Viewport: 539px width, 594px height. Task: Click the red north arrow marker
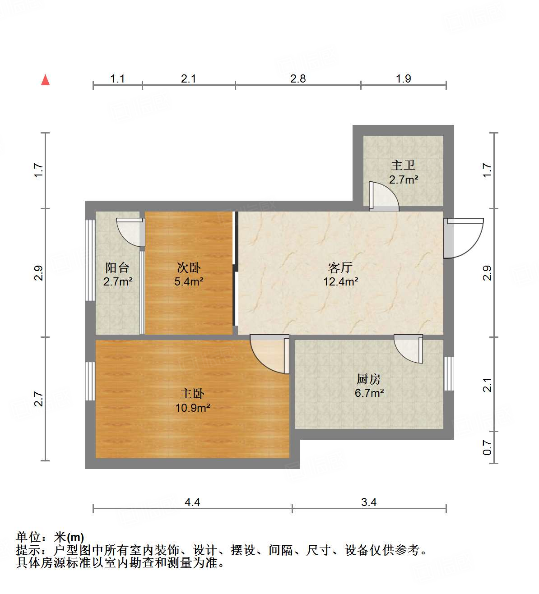[x=45, y=80]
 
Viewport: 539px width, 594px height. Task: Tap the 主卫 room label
[x=403, y=165]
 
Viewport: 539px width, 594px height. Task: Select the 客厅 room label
[x=340, y=267]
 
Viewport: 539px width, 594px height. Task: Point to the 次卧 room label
[x=188, y=267]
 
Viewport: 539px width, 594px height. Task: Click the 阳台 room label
[x=117, y=267]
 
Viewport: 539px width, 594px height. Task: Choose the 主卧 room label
[x=192, y=393]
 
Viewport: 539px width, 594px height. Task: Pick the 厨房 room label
[x=369, y=379]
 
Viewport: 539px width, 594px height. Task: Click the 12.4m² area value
[x=340, y=282]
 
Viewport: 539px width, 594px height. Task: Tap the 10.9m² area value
[x=193, y=408]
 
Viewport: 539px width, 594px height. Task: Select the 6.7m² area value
[x=369, y=393]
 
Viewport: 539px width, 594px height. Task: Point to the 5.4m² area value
[x=189, y=282]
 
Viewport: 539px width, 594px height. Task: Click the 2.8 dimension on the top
[x=298, y=78]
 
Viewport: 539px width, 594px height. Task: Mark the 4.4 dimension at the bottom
[x=192, y=502]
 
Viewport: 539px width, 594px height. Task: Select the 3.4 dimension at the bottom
[x=369, y=502]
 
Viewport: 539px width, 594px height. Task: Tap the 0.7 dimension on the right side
[x=487, y=447]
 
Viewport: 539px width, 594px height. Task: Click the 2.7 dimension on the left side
[x=38, y=399]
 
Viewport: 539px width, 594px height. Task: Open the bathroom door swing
[x=383, y=197]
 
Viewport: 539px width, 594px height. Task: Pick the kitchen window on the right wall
[x=449, y=373]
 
